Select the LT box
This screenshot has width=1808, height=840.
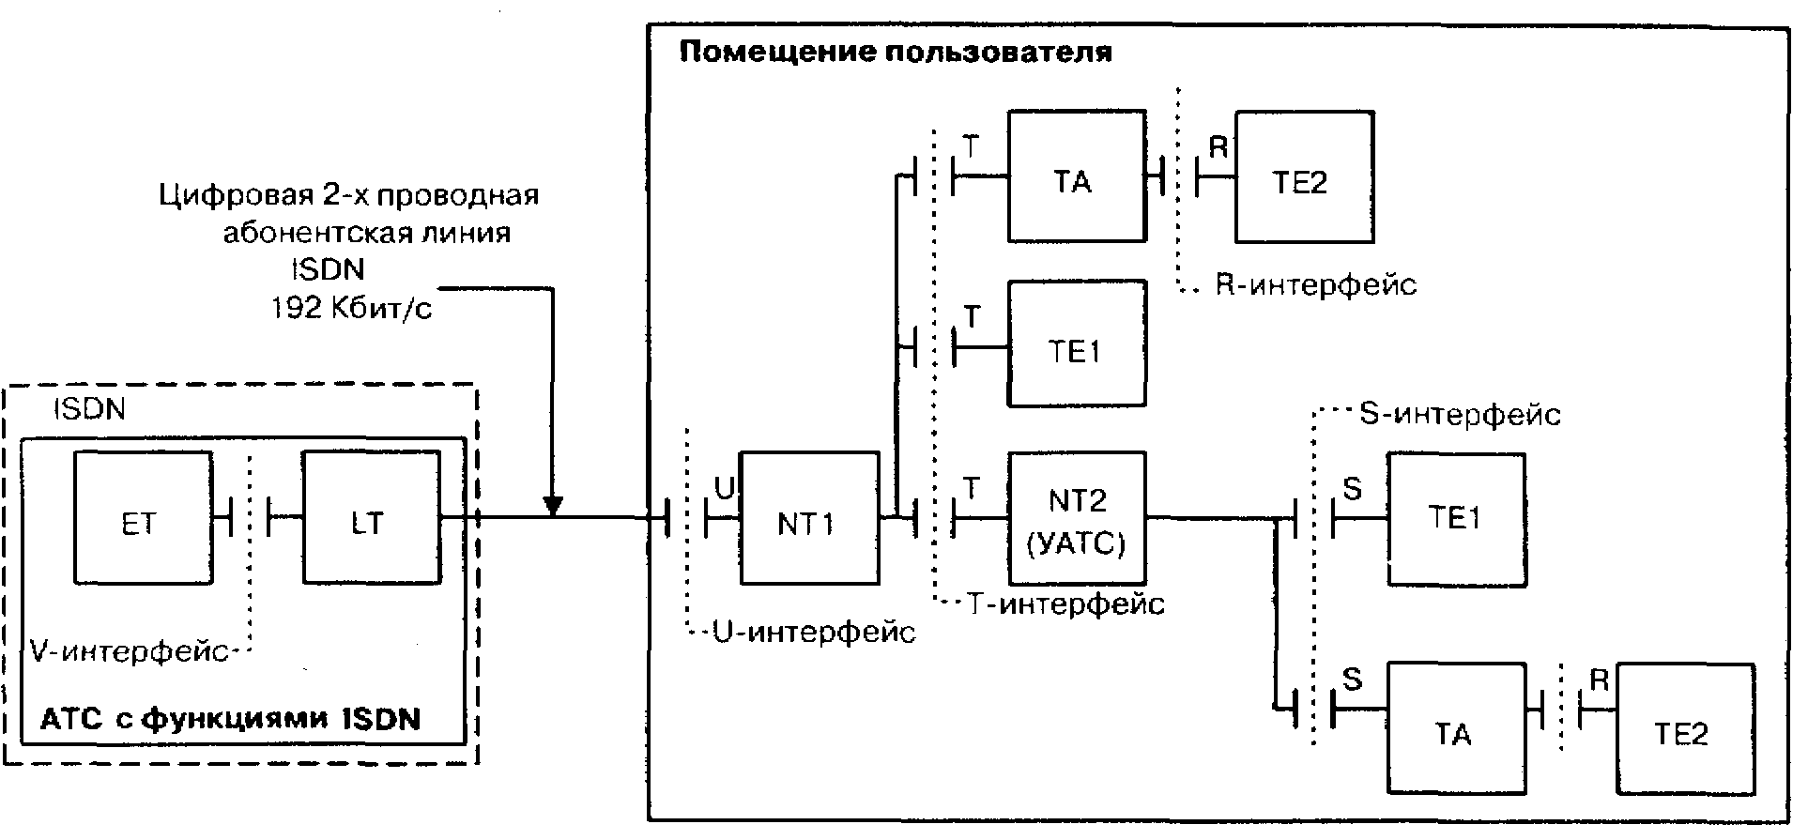[x=370, y=520]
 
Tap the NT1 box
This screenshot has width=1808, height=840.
[x=808, y=521]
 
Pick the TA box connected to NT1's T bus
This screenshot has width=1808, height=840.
[x=1076, y=177]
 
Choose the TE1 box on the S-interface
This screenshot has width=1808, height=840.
[x=1456, y=519]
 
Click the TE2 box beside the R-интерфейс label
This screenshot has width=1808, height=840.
[x=1304, y=177]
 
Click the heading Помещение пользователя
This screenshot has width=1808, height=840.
[x=896, y=52]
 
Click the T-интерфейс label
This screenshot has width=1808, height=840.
[x=1065, y=603]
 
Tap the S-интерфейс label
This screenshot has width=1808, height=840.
[x=1460, y=413]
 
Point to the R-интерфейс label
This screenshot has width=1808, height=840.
[x=1315, y=283]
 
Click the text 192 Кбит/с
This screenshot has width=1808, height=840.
[x=352, y=309]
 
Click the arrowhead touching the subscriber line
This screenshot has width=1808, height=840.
[x=553, y=506]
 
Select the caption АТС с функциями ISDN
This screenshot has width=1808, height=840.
[x=231, y=720]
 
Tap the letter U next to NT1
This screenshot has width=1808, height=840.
[x=724, y=487]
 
